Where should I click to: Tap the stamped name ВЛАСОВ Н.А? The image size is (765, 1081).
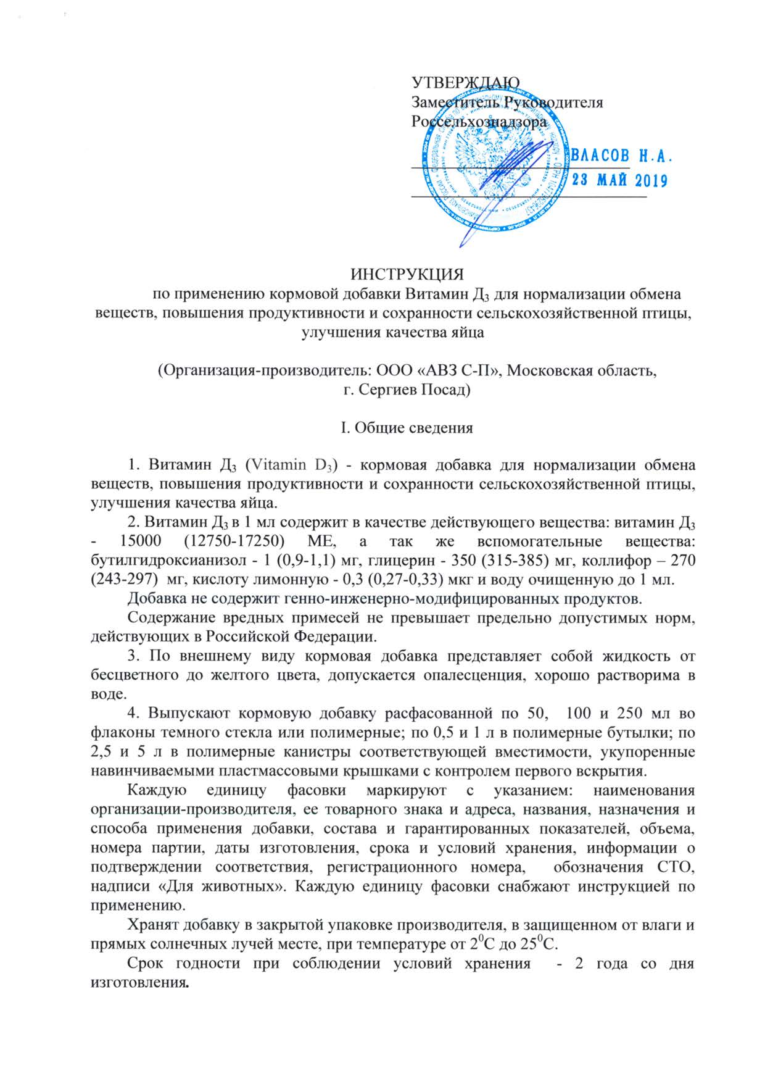click(622, 156)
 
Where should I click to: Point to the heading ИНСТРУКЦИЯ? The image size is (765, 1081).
click(407, 273)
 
